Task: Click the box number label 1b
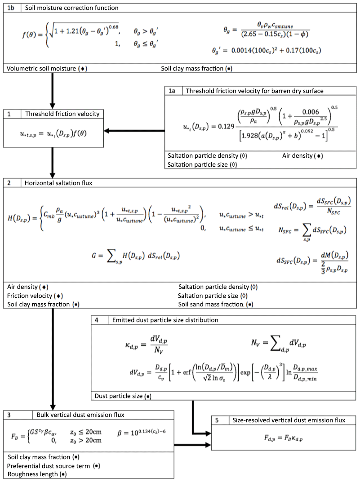point(11,8)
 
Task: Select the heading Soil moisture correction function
point(72,8)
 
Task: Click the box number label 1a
point(172,91)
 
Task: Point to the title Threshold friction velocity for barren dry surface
point(254,91)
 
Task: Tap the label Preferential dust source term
point(51,465)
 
